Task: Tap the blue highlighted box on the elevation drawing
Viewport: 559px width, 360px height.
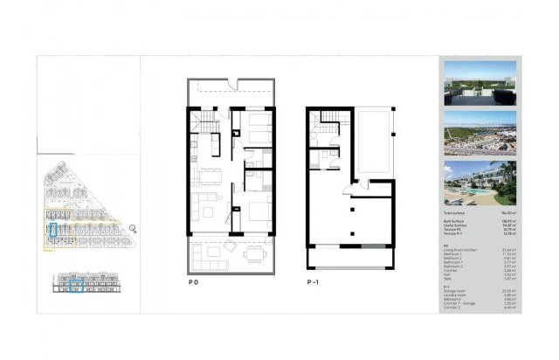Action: click(x=77, y=286)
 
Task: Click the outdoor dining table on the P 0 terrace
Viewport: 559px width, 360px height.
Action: click(x=253, y=254)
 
